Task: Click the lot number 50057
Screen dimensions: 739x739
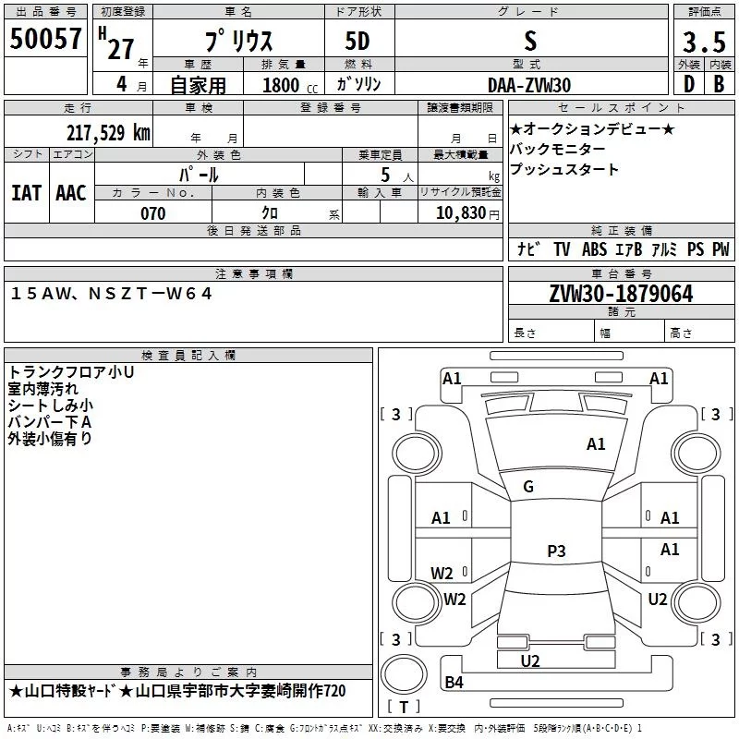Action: coord(45,39)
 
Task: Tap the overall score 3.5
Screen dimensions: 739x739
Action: coord(704,42)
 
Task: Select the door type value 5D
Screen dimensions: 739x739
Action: coord(357,42)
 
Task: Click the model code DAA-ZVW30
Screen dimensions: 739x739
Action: coord(529,85)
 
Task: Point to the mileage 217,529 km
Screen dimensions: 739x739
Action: coord(108,133)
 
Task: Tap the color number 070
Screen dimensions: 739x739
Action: coord(153,213)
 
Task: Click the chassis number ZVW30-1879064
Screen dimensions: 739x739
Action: coord(621,294)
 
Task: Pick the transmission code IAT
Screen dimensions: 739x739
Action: coord(26,193)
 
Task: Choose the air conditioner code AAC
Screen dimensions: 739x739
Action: coord(71,193)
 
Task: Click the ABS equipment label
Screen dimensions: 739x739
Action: coord(594,249)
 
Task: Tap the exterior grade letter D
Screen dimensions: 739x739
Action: coord(688,84)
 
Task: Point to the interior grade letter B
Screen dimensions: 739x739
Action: coord(719,84)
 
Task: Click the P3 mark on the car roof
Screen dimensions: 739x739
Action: coord(556,551)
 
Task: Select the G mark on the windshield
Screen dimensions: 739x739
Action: coord(528,487)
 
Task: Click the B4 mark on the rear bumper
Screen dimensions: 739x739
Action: coord(454,682)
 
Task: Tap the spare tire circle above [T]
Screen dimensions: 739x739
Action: coord(404,674)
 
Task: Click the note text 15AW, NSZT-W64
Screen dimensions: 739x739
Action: coord(111,294)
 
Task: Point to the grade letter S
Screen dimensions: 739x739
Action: coord(530,41)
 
